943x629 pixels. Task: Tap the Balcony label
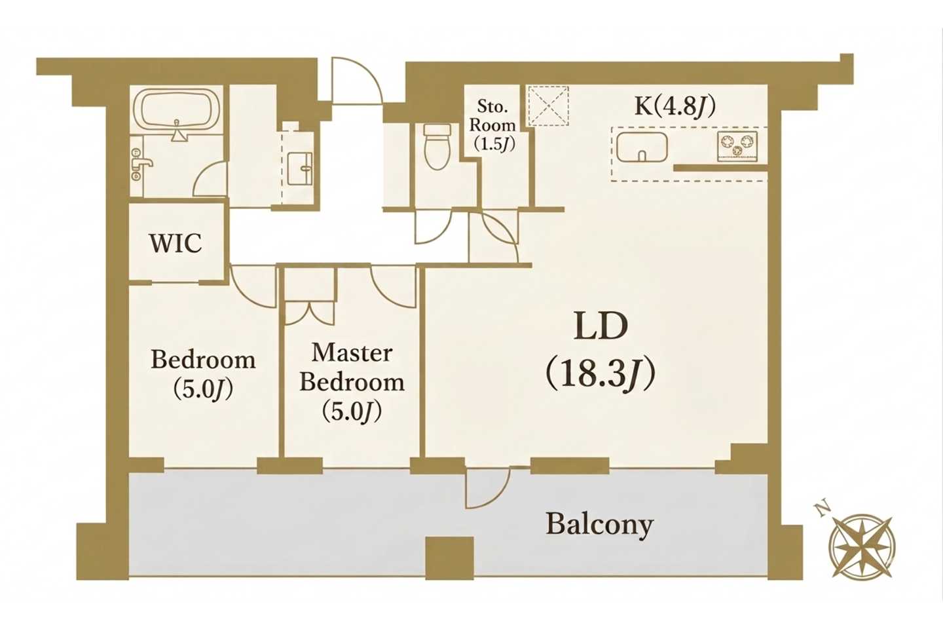[599, 525]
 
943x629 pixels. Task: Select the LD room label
[601, 328]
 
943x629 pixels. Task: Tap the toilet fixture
[437, 146]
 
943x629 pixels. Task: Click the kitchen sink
[642, 147]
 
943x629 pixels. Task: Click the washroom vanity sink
[300, 169]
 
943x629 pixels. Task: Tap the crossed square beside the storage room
[548, 106]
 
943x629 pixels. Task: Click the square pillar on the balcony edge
[450, 558]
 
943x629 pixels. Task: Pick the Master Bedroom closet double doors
[310, 312]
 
